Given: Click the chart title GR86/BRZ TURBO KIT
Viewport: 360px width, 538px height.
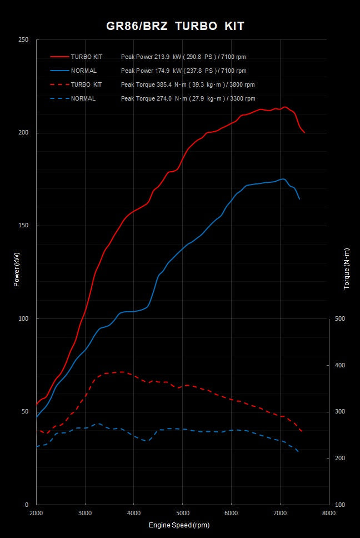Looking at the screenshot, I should pyautogui.click(x=175, y=26).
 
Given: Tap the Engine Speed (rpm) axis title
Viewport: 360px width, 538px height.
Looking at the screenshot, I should pyautogui.click(x=179, y=525).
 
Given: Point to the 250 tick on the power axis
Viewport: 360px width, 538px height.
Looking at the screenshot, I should pyautogui.click(x=24, y=40).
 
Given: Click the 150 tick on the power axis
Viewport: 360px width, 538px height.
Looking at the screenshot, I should pyautogui.click(x=24, y=226).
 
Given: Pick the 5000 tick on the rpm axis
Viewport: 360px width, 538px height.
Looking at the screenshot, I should pyautogui.click(x=183, y=513).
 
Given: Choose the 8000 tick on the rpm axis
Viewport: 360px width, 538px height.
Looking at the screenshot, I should pyautogui.click(x=329, y=513).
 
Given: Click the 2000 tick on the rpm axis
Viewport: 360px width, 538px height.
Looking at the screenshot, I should pyautogui.click(x=37, y=513).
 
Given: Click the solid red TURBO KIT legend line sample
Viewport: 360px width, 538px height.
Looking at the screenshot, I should pyautogui.click(x=59, y=57).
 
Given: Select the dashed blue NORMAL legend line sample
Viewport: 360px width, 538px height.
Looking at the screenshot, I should pyautogui.click(x=59, y=98).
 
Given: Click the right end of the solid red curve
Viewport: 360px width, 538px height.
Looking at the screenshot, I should pyautogui.click(x=304, y=133).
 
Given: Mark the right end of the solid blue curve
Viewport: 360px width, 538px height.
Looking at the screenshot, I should pyautogui.click(x=299, y=199).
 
